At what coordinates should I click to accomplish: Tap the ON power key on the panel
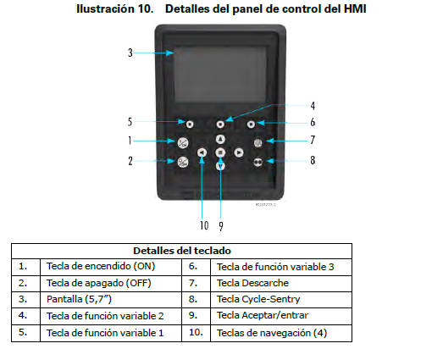click(183, 141)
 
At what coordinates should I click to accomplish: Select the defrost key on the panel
click(258, 141)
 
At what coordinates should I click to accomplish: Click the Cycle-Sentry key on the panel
click(258, 160)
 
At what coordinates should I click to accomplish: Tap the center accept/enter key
click(220, 152)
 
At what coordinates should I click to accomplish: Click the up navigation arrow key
click(220, 139)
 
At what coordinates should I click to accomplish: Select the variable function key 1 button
click(190, 124)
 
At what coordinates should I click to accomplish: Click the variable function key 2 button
click(220, 124)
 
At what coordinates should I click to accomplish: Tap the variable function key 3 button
click(252, 124)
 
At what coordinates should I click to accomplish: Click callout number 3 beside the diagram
click(130, 53)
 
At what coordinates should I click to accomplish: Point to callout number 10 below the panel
click(203, 225)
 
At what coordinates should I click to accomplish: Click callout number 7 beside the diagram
click(312, 140)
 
